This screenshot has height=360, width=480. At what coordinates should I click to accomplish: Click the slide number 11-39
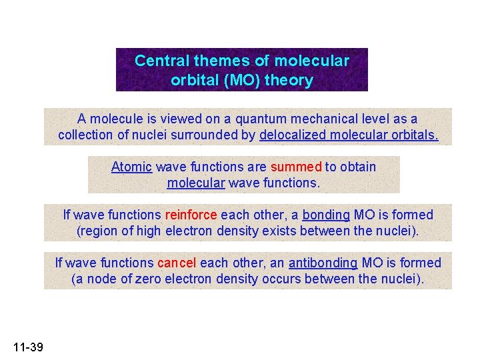pos(27,347)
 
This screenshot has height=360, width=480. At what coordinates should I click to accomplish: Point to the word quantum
pos(247,119)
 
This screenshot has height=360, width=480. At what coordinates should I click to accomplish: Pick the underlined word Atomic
pos(131,167)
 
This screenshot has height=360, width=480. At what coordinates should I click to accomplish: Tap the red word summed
pos(296,167)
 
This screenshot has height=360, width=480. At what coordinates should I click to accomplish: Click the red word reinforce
pos(191,215)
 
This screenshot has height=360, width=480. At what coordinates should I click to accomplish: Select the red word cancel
pos(177,263)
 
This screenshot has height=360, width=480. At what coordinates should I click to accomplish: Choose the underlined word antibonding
pos(323,263)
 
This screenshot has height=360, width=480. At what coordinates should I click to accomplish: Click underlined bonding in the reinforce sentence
pos(326,215)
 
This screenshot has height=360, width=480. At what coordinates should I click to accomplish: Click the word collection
pos(85,135)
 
